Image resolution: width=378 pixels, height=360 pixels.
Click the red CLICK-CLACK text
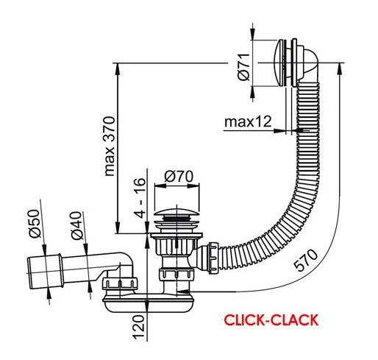tap(271, 320)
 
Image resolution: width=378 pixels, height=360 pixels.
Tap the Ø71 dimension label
tap(243, 67)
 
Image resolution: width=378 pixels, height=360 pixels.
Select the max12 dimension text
tap(248, 121)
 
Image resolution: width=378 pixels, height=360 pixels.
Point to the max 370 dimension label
tap(110, 146)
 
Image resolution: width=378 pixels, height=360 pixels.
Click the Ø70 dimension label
tap(179, 176)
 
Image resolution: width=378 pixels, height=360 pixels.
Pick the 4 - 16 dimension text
tap(140, 198)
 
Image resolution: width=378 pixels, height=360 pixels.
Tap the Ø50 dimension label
tap(34, 223)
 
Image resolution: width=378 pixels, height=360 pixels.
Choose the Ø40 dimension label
tap(76, 225)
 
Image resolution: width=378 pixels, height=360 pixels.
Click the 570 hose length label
tap(306, 260)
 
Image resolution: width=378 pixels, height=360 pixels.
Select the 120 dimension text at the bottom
tap(138, 327)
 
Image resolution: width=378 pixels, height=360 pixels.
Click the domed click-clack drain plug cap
tap(176, 213)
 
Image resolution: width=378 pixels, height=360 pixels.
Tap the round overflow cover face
tap(279, 63)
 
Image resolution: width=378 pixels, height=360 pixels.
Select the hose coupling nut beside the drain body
tap(213, 258)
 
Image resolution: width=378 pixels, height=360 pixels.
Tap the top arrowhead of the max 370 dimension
tap(118, 69)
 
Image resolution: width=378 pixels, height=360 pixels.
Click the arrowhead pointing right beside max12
tap(280, 131)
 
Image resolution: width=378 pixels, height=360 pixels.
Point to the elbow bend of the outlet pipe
tap(126, 261)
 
